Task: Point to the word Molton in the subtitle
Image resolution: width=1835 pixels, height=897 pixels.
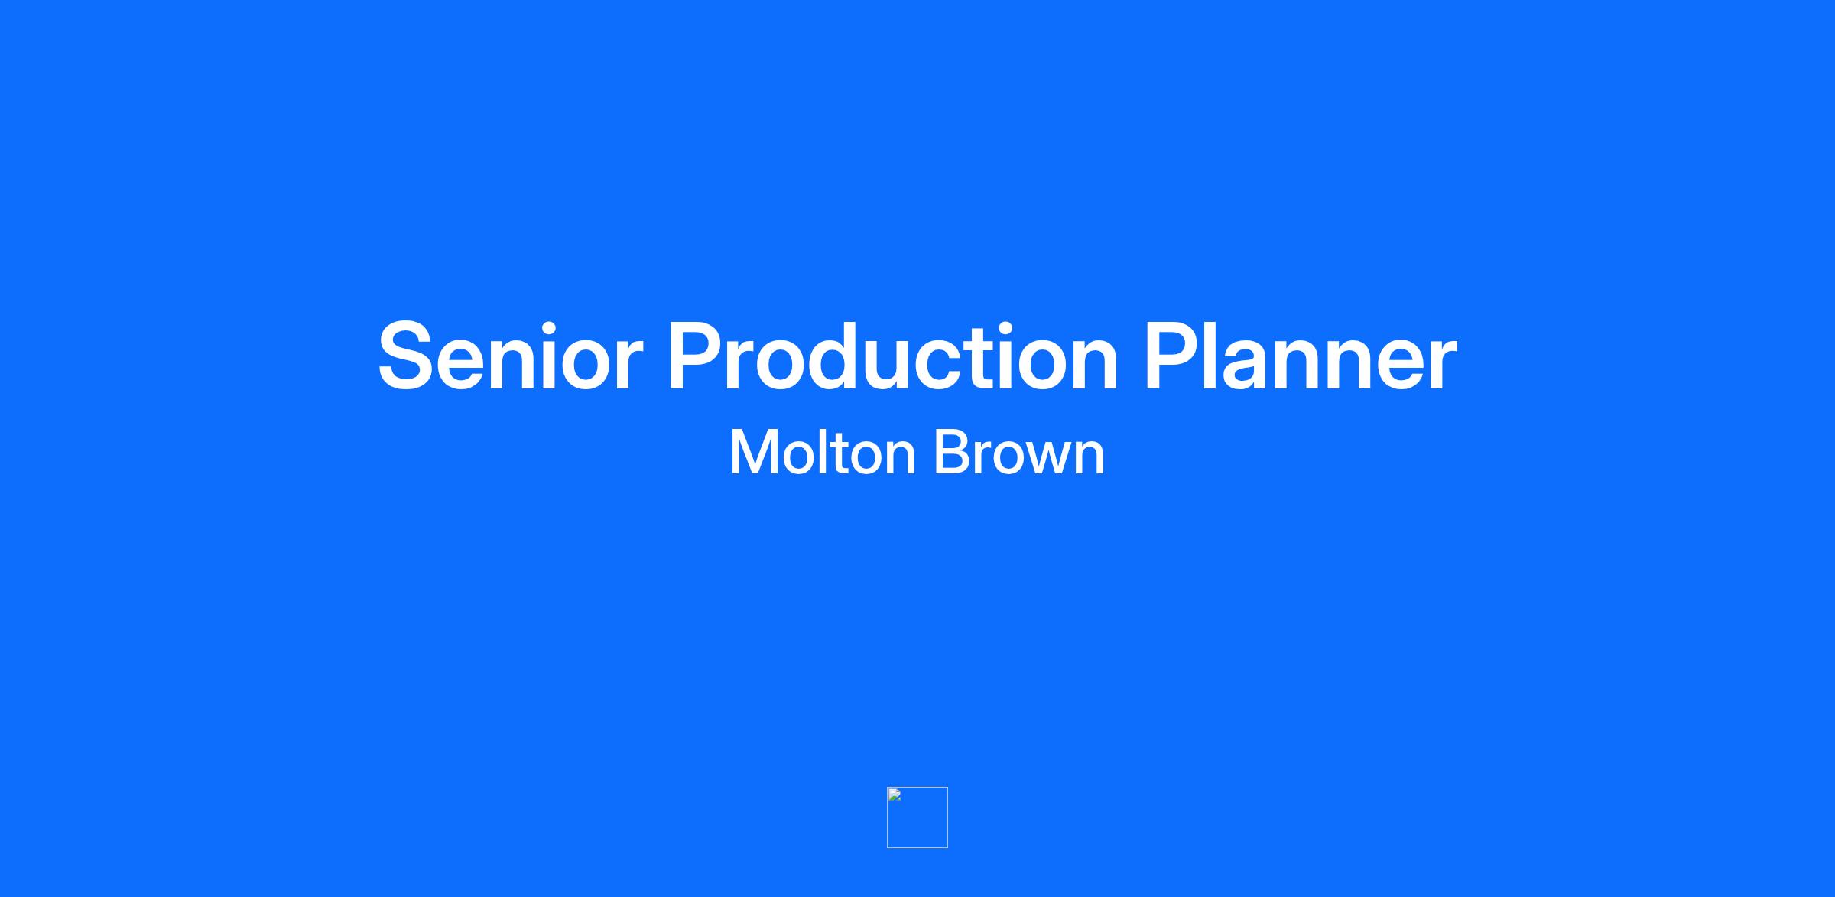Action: [x=823, y=453]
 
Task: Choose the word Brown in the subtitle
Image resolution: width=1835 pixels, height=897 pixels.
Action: [x=1019, y=453]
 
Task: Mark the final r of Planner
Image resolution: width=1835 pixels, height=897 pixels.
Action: [x=1440, y=366]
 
